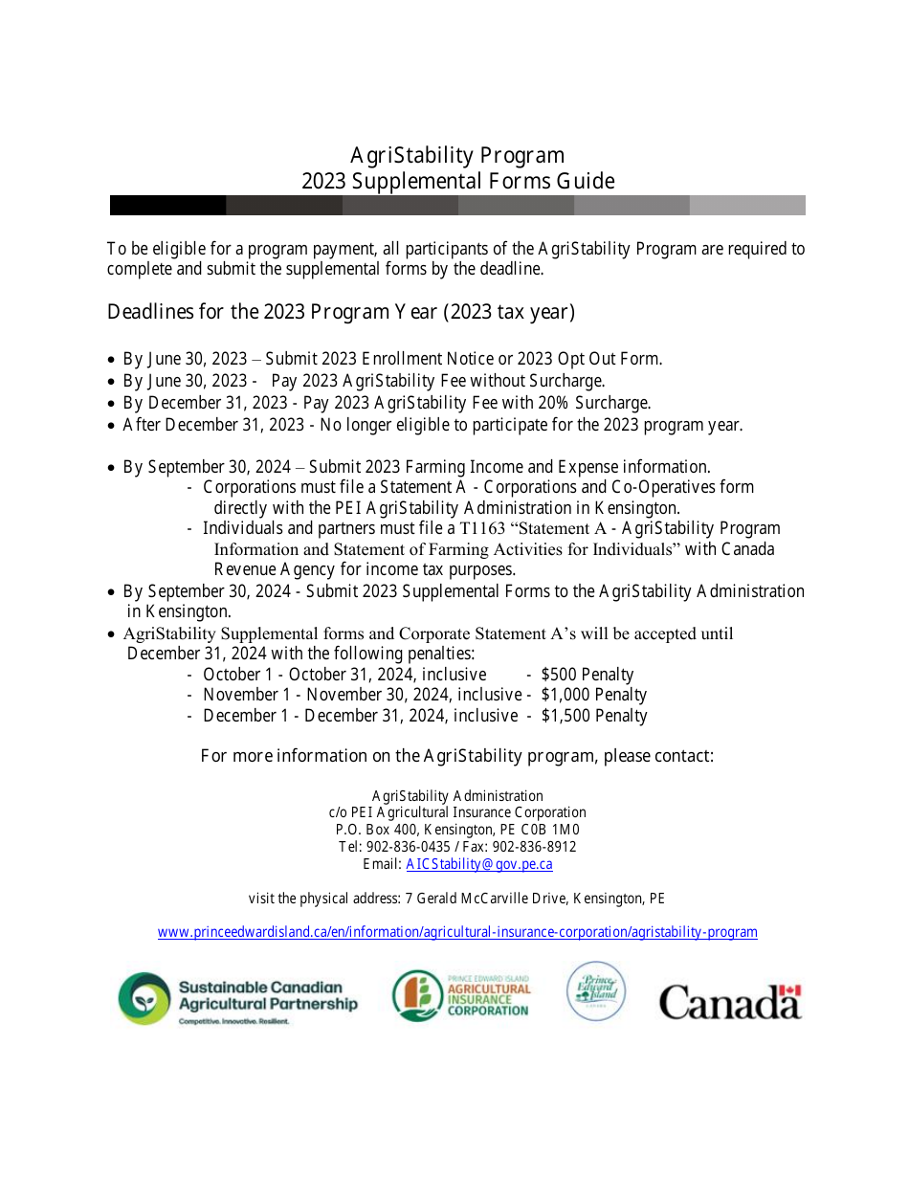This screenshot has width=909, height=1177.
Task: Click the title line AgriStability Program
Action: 457,155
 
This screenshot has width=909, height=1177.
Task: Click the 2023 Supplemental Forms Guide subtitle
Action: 457,182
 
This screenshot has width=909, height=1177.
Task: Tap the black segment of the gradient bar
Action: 167,206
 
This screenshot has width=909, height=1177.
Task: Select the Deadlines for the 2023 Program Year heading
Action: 341,312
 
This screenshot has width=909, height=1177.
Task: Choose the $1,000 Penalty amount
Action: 593,695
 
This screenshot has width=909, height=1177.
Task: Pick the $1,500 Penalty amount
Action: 593,716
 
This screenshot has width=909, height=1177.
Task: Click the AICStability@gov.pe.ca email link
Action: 479,864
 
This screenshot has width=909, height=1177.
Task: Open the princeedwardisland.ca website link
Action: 457,932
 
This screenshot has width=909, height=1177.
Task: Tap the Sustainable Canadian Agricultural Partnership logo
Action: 237,998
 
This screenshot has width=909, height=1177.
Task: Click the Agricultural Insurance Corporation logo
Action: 461,996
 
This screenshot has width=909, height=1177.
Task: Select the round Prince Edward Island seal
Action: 596,992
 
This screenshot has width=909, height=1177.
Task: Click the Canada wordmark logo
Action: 729,1003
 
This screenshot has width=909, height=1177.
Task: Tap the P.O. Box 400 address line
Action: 457,830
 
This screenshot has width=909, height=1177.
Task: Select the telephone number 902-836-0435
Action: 409,847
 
